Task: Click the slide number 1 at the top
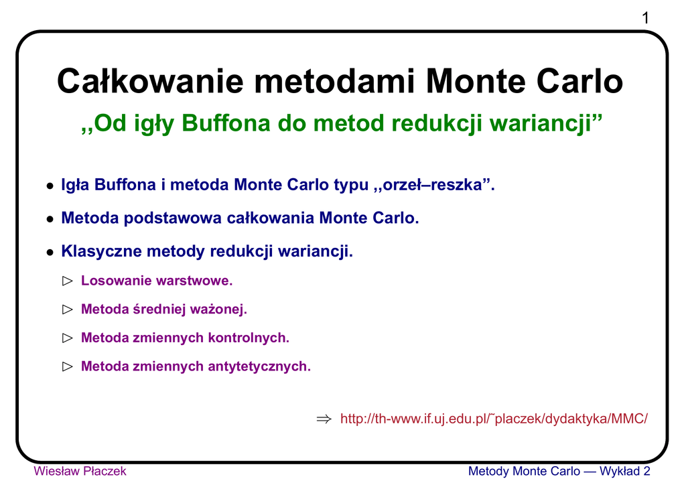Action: click(x=645, y=18)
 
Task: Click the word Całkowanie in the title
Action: click(x=150, y=81)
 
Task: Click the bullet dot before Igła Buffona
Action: click(x=50, y=186)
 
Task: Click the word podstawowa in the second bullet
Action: click(x=172, y=218)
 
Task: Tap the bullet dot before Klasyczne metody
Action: click(x=50, y=253)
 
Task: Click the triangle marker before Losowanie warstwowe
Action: click(x=68, y=281)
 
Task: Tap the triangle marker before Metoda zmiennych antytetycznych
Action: click(x=68, y=366)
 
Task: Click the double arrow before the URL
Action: click(x=324, y=419)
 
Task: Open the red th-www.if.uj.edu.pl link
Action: click(x=494, y=419)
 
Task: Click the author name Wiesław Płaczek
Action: click(x=80, y=471)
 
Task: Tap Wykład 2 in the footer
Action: click(x=625, y=471)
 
